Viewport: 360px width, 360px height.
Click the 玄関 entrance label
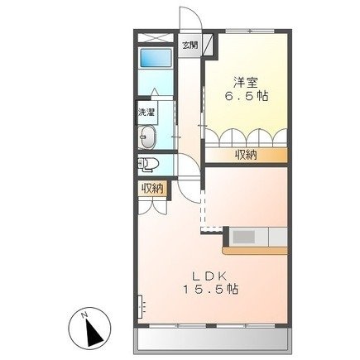point(190,45)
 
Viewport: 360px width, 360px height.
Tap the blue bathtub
point(153,60)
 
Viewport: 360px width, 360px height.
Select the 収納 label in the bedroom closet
point(245,155)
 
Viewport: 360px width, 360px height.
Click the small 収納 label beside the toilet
point(151,190)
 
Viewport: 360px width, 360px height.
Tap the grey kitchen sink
point(246,237)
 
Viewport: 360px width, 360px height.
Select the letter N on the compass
point(85,315)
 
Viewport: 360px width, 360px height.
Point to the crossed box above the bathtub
point(153,37)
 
